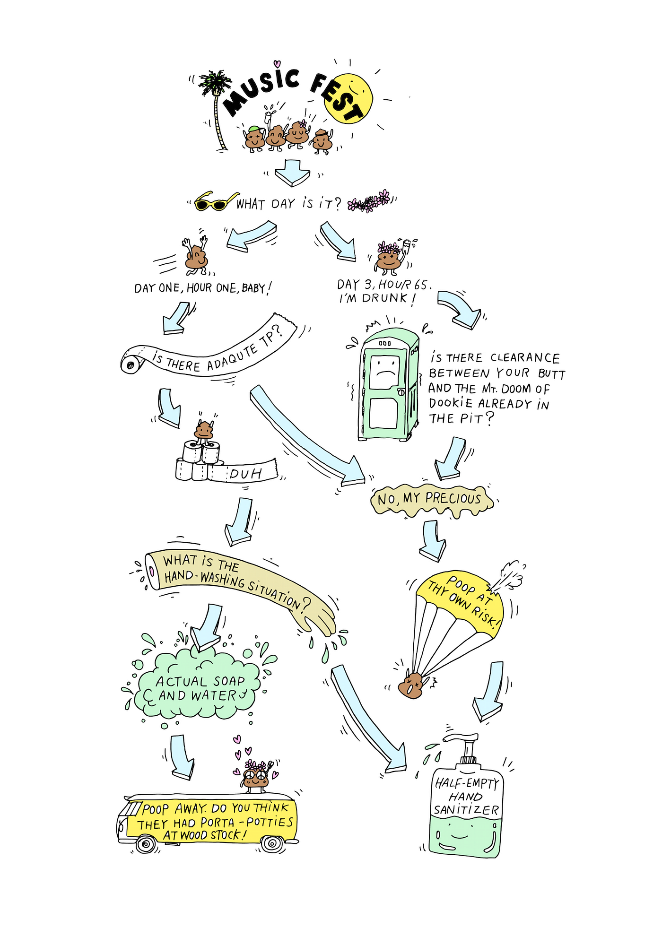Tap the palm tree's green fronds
pos(215,83)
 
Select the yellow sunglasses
pos(215,201)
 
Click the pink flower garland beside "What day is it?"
pos(369,201)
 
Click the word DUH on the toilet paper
pos(245,473)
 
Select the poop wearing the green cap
pos(254,138)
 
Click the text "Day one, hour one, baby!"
pos(203,287)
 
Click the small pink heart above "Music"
pos(277,64)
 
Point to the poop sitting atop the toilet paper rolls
pos(204,431)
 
